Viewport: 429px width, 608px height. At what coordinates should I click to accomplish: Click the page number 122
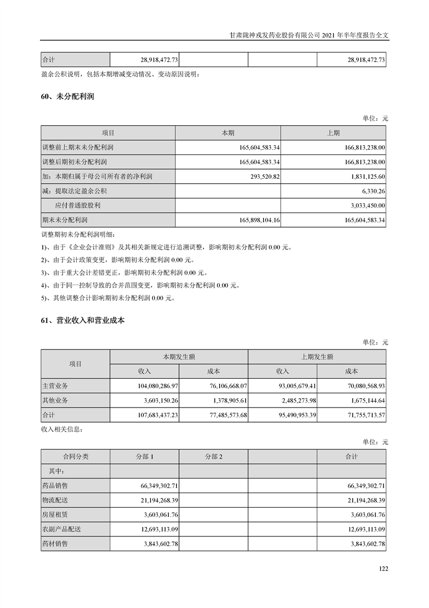384,568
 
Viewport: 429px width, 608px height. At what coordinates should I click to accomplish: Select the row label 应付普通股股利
78,206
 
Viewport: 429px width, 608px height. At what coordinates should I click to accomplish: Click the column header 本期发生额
179,357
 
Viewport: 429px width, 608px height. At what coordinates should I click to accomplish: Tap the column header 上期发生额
317,357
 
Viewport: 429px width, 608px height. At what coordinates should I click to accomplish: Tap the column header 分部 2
214,457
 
